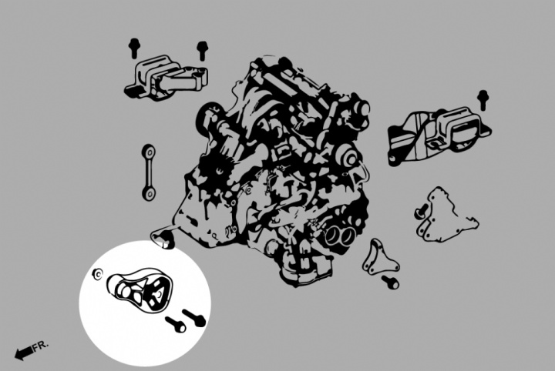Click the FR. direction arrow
[x=23, y=353]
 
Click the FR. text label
[x=40, y=346]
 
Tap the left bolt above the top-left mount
[x=134, y=48]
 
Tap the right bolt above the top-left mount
[x=202, y=51]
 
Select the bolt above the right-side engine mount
[x=483, y=99]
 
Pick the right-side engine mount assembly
[x=439, y=135]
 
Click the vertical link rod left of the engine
[x=149, y=172]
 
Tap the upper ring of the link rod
[x=149, y=151]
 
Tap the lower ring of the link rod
[x=149, y=194]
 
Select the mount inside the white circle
[x=140, y=289]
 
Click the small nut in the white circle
[x=97, y=274]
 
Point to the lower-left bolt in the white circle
[x=176, y=324]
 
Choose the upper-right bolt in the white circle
[x=194, y=318]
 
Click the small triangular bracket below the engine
[x=380, y=258]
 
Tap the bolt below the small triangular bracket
[x=390, y=282]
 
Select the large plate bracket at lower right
[x=446, y=216]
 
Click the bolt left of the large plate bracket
[x=421, y=211]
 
